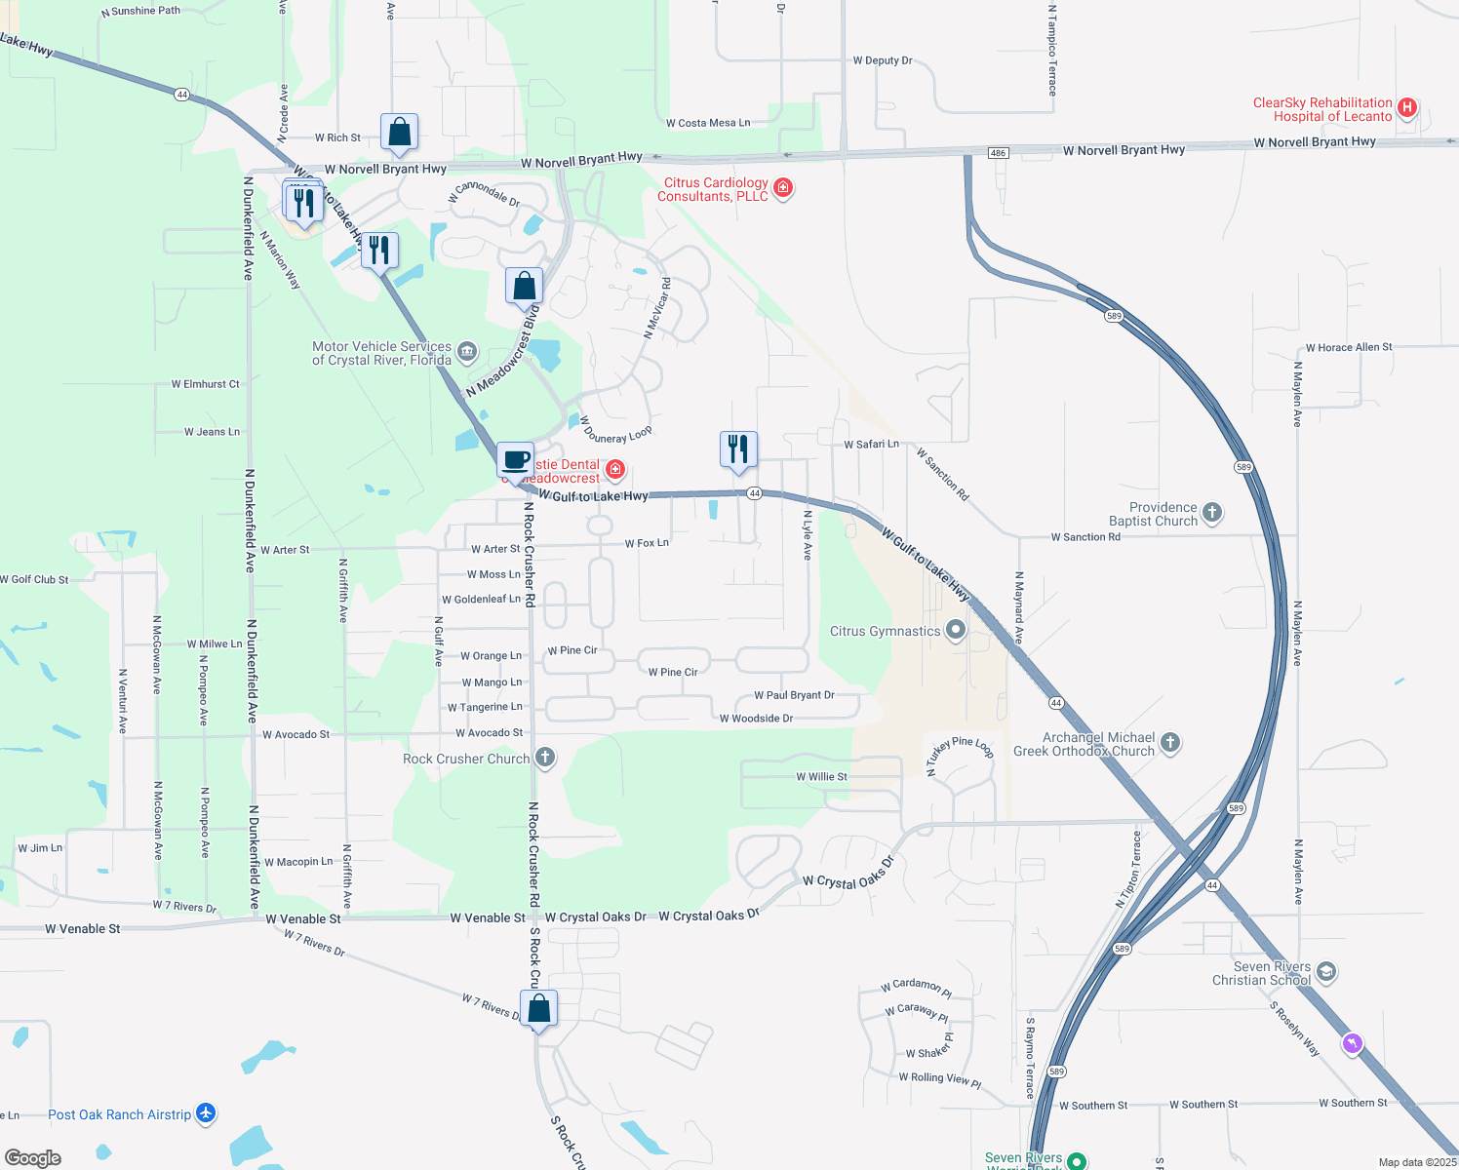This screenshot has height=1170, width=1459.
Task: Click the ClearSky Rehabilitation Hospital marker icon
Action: click(1406, 108)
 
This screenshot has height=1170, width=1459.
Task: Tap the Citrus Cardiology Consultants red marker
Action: click(782, 187)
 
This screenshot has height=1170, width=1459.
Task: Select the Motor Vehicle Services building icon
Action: click(467, 351)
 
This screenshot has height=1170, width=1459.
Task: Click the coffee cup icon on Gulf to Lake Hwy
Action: click(516, 460)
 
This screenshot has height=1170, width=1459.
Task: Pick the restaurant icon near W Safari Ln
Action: click(738, 449)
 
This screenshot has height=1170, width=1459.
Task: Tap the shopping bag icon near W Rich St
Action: click(400, 132)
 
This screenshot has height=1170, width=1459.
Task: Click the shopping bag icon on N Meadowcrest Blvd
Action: click(524, 287)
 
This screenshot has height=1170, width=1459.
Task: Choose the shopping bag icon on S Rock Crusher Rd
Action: click(538, 1009)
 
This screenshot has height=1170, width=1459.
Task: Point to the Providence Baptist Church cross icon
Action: click(1211, 513)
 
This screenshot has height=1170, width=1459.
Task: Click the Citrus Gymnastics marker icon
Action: click(956, 630)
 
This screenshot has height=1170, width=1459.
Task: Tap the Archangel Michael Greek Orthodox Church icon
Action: click(1170, 743)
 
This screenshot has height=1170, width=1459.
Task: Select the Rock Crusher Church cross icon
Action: click(545, 758)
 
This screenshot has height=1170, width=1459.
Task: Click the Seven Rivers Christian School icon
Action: click(1325, 972)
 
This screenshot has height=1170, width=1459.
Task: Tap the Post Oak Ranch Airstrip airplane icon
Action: click(205, 1112)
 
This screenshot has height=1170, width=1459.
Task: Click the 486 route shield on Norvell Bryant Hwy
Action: click(997, 153)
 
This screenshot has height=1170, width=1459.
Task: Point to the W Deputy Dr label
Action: click(883, 60)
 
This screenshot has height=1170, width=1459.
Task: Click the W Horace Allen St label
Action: click(1349, 347)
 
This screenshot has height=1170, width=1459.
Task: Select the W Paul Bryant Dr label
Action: click(794, 695)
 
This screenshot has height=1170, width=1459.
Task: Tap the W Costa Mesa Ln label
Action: click(708, 123)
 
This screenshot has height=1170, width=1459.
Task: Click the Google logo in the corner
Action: click(33, 1157)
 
